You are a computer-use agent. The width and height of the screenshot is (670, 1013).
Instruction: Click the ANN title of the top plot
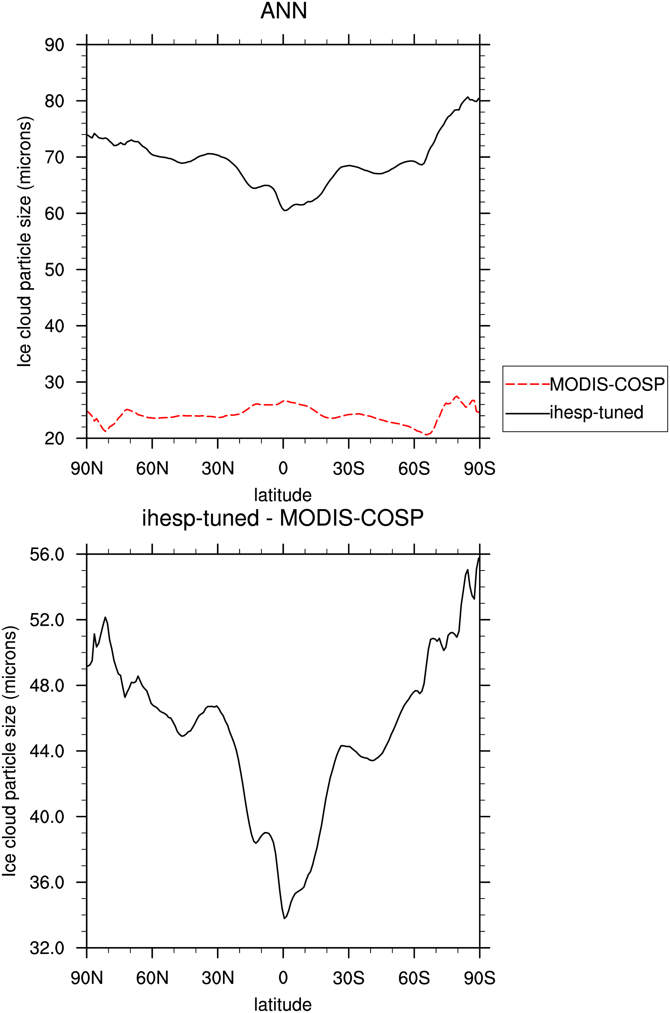coord(284,11)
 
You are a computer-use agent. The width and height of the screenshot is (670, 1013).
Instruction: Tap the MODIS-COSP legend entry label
coord(607,385)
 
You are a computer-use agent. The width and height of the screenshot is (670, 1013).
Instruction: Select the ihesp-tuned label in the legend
coord(596,412)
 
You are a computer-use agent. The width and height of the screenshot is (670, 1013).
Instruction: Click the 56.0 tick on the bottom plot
coord(46,554)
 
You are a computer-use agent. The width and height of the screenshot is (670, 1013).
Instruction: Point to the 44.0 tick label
coord(46,751)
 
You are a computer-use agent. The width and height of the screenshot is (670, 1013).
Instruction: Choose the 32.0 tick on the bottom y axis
coord(46,948)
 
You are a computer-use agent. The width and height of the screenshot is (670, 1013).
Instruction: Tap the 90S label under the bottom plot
coord(479,978)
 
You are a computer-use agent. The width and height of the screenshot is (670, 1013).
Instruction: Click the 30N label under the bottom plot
coord(218,978)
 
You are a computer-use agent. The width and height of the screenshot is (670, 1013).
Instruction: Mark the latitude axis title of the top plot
coord(283,495)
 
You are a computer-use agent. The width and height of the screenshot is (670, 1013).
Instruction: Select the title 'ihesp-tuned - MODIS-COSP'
coord(283,518)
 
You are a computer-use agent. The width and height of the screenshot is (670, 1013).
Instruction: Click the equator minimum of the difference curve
coord(284,918)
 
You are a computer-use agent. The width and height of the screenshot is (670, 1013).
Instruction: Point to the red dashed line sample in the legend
coord(527,385)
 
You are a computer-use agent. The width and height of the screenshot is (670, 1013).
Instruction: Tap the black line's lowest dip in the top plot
coord(285,210)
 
